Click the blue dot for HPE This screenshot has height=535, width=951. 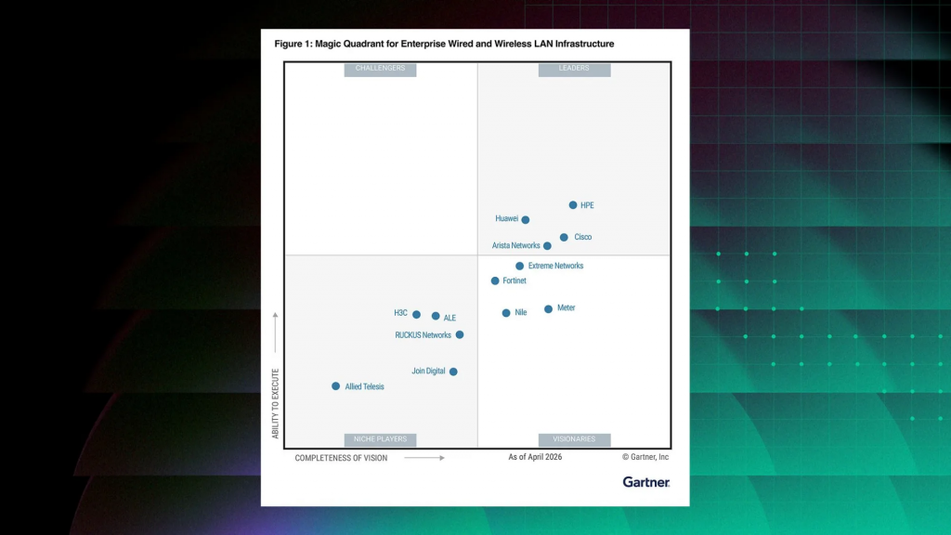[x=572, y=205]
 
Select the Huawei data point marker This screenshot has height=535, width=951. [x=526, y=219]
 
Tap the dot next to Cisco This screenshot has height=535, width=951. [x=564, y=237]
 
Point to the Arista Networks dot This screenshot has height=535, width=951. [x=547, y=245]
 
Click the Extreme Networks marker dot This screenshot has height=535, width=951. [x=519, y=266]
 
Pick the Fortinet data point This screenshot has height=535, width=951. [x=495, y=281]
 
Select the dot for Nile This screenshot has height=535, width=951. [x=506, y=313]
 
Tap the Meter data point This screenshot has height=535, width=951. [x=548, y=308]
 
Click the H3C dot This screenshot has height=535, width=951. [x=416, y=314]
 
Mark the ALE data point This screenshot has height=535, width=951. [x=436, y=316]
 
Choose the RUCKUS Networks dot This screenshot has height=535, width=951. [x=460, y=334]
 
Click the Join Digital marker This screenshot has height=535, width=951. [x=453, y=372]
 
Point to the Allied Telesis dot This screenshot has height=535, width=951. [x=335, y=386]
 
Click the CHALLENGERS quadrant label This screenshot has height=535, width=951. [x=380, y=69]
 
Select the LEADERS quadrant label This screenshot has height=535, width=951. [x=574, y=69]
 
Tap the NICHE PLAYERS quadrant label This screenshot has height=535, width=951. [x=380, y=439]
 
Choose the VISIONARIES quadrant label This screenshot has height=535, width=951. [x=574, y=439]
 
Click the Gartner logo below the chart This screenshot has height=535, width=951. [x=646, y=482]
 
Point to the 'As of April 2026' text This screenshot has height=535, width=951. [x=535, y=457]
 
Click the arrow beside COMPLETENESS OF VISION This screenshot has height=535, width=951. [x=424, y=458]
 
